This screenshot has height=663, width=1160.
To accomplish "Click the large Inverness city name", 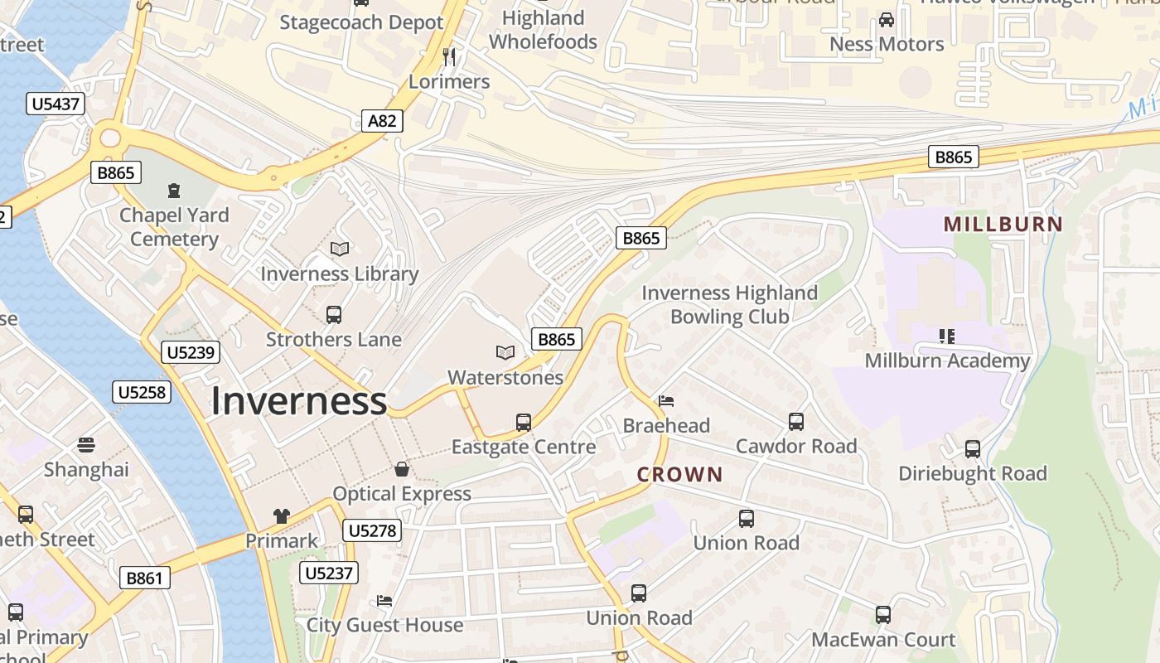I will point(298,401).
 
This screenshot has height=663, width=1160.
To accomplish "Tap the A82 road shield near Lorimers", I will point(382,121).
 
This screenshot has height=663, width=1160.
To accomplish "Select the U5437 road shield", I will point(56,104).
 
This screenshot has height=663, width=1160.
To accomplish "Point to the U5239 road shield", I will point(191,352).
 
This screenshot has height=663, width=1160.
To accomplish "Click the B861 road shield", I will point(144,578).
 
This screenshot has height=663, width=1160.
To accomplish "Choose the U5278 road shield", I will point(374,530).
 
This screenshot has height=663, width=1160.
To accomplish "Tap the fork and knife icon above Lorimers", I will point(449,56).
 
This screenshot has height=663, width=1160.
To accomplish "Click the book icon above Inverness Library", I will point(340,249).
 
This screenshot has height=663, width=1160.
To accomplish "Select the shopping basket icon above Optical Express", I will point(402,469).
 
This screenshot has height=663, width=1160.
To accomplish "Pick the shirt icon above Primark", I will point(282,516).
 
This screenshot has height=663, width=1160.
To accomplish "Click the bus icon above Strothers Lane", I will point(334,315).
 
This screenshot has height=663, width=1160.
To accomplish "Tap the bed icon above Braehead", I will point(666,401).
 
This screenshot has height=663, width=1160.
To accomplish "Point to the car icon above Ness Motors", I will point(887,19).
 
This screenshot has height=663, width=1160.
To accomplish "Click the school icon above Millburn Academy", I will point(947,336).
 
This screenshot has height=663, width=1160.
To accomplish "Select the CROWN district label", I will point(679,475).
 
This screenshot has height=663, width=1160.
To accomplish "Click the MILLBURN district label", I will point(1003,224).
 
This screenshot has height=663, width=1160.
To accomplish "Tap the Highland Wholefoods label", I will point(543,30).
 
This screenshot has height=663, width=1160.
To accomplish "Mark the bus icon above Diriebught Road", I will point(973,449).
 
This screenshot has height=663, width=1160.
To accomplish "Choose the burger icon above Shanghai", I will point(86,445).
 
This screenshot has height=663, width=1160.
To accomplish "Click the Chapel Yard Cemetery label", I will point(174,227).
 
